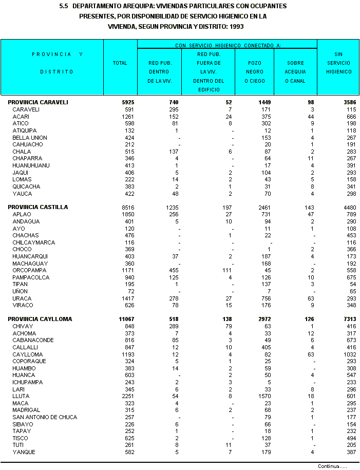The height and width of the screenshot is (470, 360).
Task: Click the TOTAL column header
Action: [120, 63]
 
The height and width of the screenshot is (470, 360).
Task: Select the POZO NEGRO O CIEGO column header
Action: [254, 72]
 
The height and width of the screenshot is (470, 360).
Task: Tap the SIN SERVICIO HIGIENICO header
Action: [338, 63]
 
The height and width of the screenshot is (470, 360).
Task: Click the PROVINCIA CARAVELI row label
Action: [38, 102]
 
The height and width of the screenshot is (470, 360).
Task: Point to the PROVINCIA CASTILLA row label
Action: [38, 207]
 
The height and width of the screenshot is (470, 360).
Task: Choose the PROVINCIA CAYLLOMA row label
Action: [40, 319]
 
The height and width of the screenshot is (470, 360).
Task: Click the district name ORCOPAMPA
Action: [29, 270]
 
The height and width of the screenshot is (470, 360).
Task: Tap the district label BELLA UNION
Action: [30, 138]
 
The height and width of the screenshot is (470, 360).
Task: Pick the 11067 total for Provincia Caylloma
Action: [125, 319]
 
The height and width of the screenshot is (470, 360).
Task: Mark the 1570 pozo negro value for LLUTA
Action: [264, 396]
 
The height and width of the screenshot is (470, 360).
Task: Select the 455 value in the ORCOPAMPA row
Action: [174, 270]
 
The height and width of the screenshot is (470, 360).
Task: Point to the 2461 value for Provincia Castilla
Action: [263, 207]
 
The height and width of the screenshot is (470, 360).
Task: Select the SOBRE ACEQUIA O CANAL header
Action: [295, 72]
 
